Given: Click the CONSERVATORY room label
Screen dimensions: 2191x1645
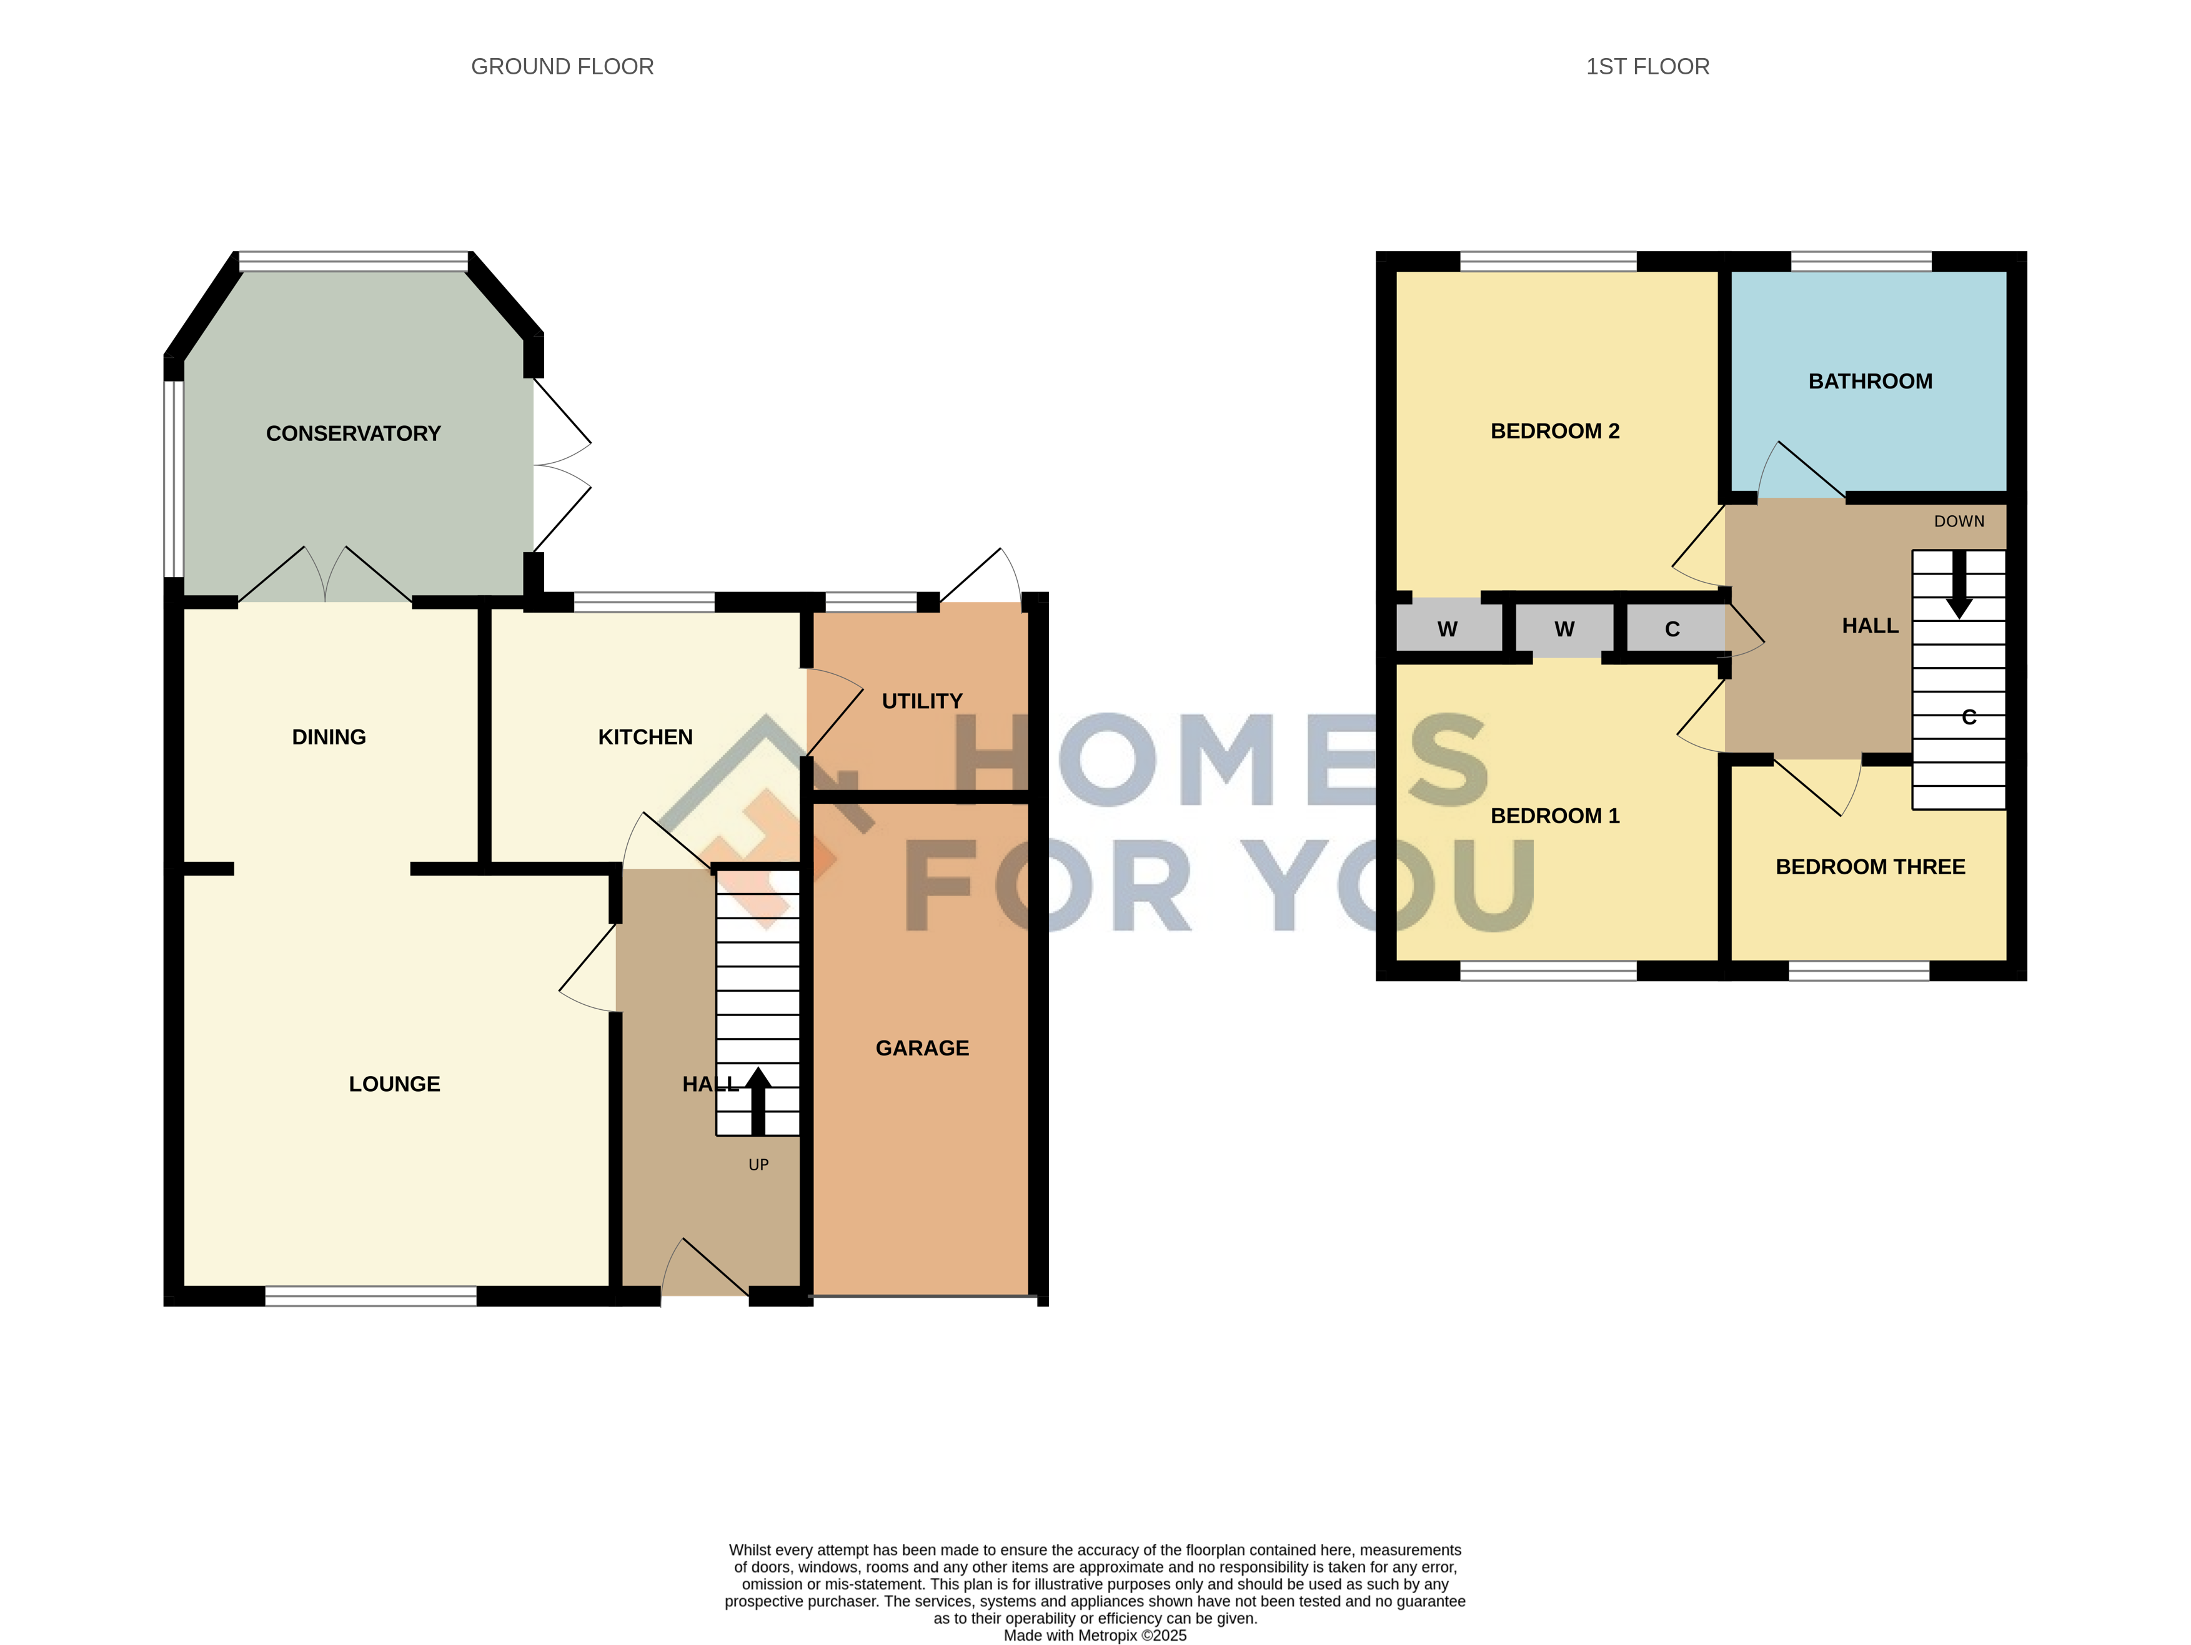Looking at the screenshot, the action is coord(354,434).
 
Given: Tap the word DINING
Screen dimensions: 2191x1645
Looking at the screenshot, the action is coord(329,737).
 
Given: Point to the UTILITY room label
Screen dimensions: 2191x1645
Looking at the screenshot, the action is coord(922,701).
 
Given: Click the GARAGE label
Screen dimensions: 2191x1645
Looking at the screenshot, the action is coord(922,1048).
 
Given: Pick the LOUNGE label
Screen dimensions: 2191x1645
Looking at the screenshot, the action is coord(394,1084).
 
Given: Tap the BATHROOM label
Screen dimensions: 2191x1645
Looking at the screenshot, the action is coord(1870,382).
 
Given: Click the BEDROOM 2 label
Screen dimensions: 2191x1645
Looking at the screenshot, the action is coord(1555,431).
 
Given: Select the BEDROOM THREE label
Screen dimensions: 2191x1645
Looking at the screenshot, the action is coord(1870,867).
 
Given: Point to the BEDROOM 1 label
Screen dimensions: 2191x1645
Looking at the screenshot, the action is coord(1555,816).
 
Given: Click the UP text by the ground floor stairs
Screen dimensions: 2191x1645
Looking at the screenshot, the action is coord(758,1165).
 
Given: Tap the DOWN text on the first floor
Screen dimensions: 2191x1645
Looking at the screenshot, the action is coord(1959,521).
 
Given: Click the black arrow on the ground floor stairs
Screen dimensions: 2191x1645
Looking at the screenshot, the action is coord(758,1101).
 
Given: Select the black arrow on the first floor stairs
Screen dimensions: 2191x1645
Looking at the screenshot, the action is coord(1959,585).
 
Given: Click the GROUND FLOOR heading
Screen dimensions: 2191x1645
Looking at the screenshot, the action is coord(563,66).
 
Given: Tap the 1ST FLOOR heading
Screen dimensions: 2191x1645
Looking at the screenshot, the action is coord(1647,66).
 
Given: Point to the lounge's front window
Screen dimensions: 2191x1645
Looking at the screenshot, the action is coord(370,1295).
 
